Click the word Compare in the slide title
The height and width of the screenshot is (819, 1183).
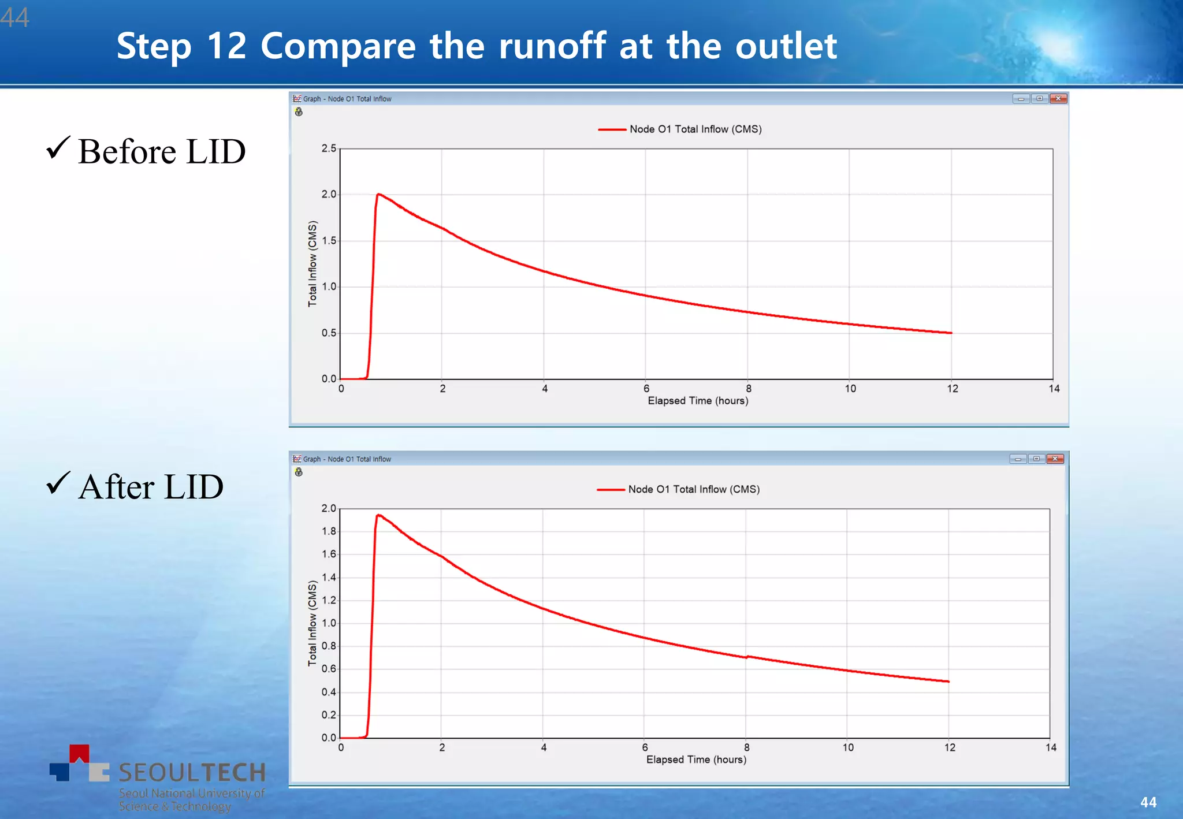pyautogui.click(x=338, y=46)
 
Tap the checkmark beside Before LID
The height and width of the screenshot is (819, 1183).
pyautogui.click(x=58, y=148)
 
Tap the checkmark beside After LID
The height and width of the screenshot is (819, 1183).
pyautogui.click(x=58, y=483)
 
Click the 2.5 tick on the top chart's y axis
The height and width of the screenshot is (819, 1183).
pyautogui.click(x=329, y=148)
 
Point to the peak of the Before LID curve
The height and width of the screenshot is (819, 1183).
pyautogui.click(x=378, y=195)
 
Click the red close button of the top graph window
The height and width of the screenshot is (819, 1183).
pyautogui.click(x=1058, y=99)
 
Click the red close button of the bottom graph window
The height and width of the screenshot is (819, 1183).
pyautogui.click(x=1055, y=459)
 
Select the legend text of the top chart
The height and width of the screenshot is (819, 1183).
pyautogui.click(x=695, y=129)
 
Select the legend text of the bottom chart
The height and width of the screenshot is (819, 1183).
pyautogui.click(x=694, y=489)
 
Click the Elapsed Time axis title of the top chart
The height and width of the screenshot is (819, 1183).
pyautogui.click(x=698, y=401)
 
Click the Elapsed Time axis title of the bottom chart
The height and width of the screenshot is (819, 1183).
pyautogui.click(x=696, y=760)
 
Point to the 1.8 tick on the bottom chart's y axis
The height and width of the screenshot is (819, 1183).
pyautogui.click(x=329, y=531)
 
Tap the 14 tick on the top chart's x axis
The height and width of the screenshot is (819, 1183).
pyautogui.click(x=1054, y=389)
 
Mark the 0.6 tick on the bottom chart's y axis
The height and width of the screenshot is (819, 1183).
pyautogui.click(x=329, y=669)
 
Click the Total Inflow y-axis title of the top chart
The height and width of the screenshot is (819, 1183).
pyautogui.click(x=313, y=263)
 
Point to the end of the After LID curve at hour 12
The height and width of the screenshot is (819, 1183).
pyautogui.click(x=948, y=682)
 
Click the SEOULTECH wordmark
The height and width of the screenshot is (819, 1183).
pyautogui.click(x=192, y=773)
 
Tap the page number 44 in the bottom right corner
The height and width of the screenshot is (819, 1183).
pyautogui.click(x=1148, y=802)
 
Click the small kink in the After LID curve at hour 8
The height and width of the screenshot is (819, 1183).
pyautogui.click(x=747, y=657)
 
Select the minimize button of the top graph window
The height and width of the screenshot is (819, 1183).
pyautogui.click(x=1021, y=99)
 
